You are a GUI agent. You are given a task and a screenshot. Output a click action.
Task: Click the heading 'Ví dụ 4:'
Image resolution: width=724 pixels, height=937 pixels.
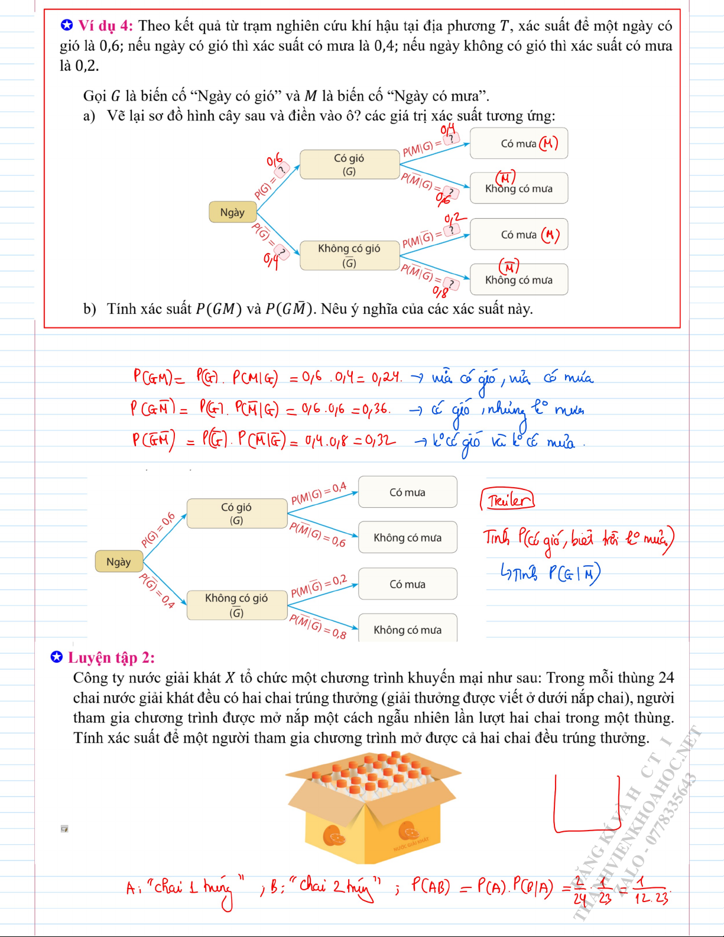coord(105,26)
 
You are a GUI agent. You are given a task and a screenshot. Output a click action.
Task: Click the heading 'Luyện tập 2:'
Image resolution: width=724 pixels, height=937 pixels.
coord(111,657)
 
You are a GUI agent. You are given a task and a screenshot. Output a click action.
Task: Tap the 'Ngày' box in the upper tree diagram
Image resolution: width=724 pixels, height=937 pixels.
coord(232,212)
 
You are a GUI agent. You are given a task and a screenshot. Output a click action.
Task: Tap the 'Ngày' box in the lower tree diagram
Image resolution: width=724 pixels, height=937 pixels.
coord(118,562)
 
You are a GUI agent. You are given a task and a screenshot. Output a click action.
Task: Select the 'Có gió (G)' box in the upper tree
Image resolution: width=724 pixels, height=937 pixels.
coord(349,164)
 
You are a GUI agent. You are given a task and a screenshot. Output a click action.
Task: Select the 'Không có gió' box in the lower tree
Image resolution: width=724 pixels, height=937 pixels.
coord(236,605)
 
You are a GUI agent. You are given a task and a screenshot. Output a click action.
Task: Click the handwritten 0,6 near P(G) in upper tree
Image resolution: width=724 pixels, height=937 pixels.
coord(274,160)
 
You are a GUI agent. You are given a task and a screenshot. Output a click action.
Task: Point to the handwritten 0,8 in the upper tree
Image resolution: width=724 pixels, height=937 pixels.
coord(440,291)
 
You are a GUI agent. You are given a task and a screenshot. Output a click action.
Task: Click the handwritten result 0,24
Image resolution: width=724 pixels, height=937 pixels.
coord(387,377)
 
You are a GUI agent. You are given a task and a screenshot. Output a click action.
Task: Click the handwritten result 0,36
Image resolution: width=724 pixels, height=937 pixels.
coord(375,408)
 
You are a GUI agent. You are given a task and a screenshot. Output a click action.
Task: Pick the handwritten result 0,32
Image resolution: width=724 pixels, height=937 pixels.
coord(380,440)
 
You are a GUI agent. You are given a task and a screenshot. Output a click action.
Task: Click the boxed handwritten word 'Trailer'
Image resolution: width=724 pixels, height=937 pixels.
coord(508,500)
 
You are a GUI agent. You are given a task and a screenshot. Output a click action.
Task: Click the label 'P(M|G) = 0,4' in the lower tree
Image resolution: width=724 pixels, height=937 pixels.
coord(319,494)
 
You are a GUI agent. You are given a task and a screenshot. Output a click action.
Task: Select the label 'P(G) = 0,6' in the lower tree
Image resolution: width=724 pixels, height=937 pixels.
coord(158,530)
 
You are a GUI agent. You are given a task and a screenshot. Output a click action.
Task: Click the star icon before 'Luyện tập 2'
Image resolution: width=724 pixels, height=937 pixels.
coord(57,657)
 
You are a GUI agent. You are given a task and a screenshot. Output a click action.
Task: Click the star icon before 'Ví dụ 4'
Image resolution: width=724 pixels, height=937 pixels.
coord(67,25)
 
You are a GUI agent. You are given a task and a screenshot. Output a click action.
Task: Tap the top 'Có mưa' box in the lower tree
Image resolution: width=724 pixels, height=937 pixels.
coord(407,492)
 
